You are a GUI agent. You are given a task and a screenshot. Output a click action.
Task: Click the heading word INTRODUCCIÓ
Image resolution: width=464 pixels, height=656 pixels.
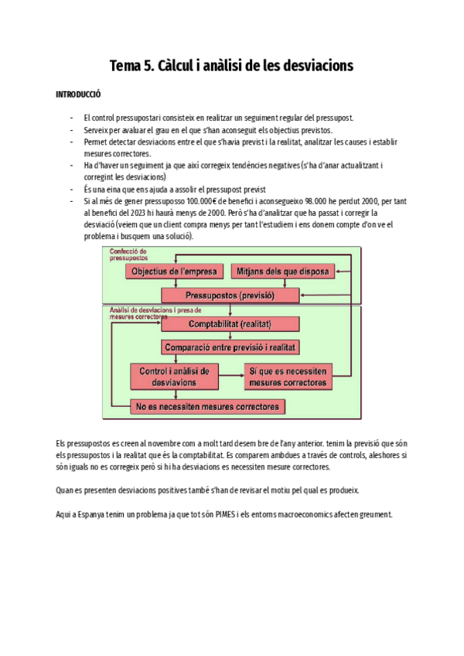click(x=78, y=94)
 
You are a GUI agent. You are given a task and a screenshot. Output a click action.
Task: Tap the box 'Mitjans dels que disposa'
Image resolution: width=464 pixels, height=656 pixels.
click(x=282, y=272)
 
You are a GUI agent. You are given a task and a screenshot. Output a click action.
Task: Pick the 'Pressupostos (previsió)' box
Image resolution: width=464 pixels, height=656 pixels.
click(x=230, y=295)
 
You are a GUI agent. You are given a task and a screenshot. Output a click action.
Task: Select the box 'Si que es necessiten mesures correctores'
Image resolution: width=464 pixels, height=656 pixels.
click(x=288, y=377)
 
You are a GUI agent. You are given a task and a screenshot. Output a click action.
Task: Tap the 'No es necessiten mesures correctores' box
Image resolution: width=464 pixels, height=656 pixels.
click(x=207, y=406)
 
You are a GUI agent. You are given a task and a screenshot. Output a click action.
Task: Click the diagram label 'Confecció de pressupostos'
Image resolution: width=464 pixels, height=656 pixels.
click(x=128, y=255)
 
